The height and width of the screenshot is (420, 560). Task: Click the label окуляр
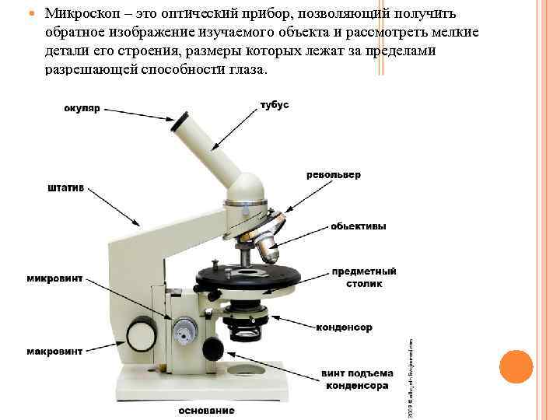[82, 109]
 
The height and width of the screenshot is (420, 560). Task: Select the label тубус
[274, 105]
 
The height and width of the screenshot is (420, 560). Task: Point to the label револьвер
[334, 175]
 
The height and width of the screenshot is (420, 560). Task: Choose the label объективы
[358, 226]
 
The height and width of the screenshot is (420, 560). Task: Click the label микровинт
[54, 278]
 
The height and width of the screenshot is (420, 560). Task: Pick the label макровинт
[54, 352]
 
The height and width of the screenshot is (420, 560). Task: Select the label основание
[206, 410]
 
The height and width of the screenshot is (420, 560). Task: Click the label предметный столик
[364, 278]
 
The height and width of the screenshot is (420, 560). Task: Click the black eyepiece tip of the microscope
[180, 121]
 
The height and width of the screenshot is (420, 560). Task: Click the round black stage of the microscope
[248, 277]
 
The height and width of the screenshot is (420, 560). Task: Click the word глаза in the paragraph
[244, 69]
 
